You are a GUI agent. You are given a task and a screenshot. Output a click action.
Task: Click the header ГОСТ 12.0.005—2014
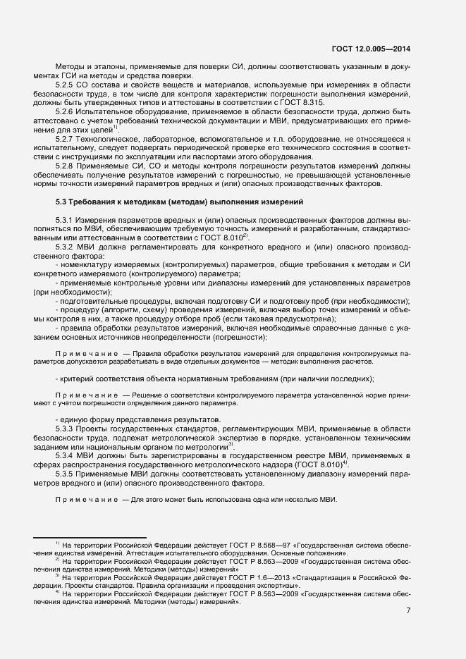(371, 49)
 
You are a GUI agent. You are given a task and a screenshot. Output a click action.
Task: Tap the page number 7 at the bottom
(408, 610)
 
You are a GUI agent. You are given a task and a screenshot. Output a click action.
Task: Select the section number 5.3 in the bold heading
(62, 202)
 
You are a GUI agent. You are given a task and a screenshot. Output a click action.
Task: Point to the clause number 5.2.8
(65, 165)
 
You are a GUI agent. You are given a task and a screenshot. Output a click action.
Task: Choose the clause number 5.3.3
(65, 429)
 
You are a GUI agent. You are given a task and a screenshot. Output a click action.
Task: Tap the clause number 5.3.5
(65, 474)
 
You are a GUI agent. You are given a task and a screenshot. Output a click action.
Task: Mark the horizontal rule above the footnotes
(90, 537)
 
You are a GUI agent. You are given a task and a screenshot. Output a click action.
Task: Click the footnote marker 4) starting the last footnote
(56, 592)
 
